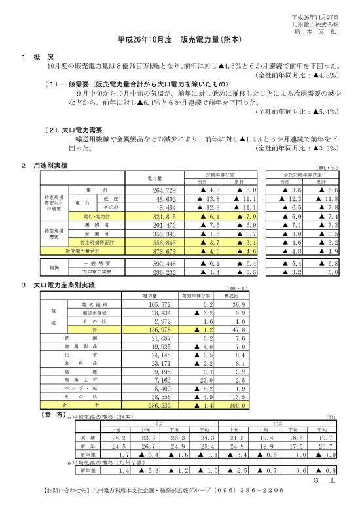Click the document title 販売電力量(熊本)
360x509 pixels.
point(180,40)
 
